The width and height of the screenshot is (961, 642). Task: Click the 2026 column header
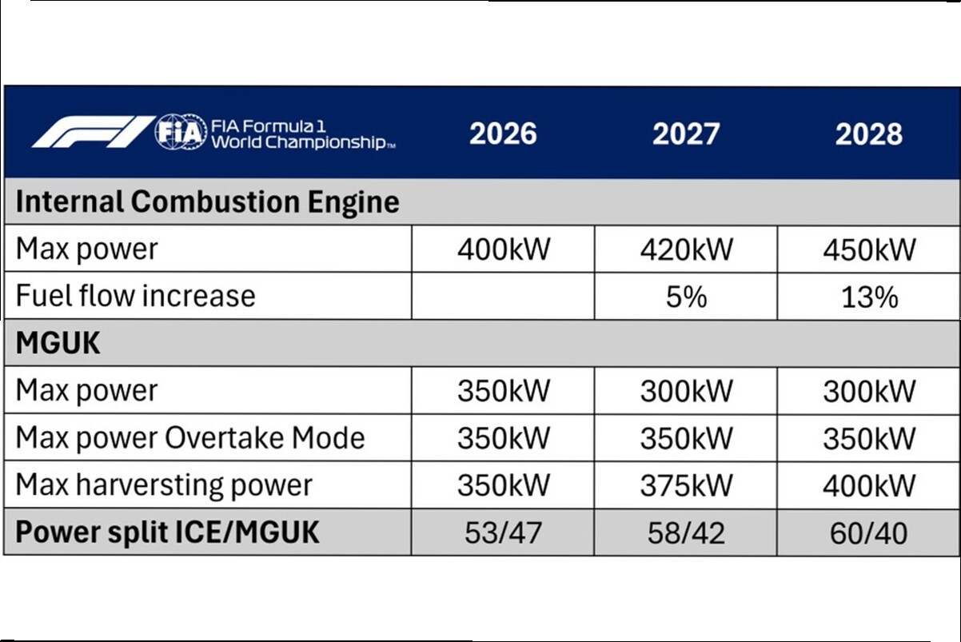click(503, 134)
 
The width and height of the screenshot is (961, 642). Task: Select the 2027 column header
click(686, 134)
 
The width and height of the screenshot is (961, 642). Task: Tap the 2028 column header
click(869, 134)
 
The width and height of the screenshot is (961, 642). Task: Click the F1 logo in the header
click(93, 132)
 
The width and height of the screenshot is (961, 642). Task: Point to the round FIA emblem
click(181, 132)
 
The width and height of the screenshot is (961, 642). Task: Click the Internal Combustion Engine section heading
click(208, 201)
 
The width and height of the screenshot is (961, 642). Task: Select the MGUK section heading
click(58, 343)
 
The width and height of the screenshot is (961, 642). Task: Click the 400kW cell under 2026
click(503, 249)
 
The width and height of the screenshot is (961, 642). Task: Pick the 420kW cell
click(687, 249)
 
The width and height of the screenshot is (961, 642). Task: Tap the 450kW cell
click(869, 249)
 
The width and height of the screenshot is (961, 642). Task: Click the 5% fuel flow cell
click(687, 297)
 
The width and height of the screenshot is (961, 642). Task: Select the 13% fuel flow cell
click(870, 297)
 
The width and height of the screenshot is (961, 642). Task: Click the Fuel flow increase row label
click(136, 296)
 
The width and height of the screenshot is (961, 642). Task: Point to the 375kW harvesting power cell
click(687, 485)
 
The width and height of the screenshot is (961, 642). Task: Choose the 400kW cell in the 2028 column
click(869, 485)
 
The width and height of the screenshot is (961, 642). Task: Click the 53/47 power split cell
click(503, 532)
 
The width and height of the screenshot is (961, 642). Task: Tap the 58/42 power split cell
click(686, 532)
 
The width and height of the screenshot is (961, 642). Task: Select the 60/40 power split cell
click(869, 532)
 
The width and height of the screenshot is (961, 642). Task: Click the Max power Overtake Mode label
click(190, 438)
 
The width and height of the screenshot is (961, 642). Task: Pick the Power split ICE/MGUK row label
click(167, 532)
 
